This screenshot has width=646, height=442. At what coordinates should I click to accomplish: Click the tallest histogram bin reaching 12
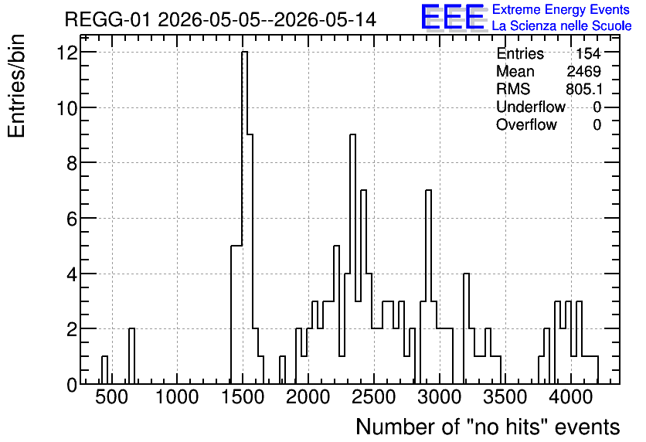point(244,217)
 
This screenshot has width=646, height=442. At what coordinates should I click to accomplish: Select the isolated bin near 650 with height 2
point(132,356)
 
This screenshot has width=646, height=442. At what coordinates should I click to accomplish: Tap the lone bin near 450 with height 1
point(104,370)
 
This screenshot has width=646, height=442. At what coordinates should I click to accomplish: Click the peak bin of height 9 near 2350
point(352,259)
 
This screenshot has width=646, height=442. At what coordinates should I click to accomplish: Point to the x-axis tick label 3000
point(439,397)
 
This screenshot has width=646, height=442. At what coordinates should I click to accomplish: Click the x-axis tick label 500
point(111,397)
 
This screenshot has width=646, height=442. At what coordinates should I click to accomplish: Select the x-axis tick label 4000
point(570,397)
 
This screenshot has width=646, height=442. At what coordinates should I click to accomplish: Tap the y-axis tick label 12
point(67,53)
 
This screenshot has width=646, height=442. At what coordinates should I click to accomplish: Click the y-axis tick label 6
point(72,219)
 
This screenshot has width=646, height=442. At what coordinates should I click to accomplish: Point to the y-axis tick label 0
point(72,385)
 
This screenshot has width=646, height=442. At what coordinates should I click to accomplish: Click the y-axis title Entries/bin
point(16,86)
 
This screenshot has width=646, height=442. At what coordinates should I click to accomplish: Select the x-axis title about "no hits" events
point(488,427)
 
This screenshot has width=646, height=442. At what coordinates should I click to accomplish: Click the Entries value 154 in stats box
point(588,53)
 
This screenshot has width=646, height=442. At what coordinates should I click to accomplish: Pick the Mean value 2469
point(583,71)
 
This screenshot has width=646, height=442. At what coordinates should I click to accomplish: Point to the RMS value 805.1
point(584,89)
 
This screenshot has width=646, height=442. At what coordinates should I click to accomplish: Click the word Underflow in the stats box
point(531,107)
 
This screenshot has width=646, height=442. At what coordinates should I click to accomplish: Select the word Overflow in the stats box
point(526,124)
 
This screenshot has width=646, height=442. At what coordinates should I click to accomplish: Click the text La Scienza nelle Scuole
point(562,26)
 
